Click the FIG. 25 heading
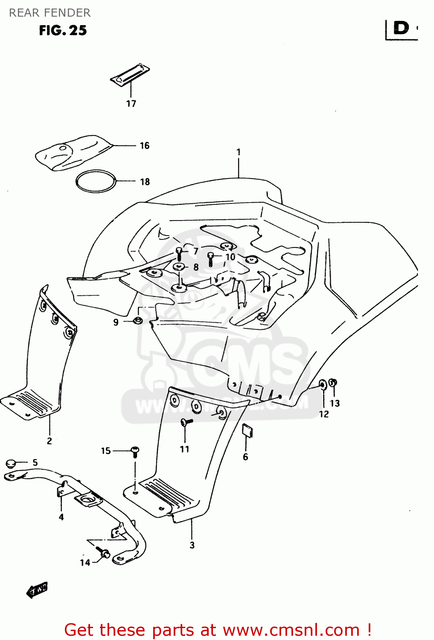pos(63,30)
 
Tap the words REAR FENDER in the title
pos(50,13)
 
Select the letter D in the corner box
pos(401,28)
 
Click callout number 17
pos(131,104)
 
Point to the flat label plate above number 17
pos(130,74)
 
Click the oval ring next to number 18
pos(96,181)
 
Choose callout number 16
pos(145,146)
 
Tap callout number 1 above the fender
pos(239,152)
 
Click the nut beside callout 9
pos(137,320)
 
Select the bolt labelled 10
pos(210,258)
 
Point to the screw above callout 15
pos(135,451)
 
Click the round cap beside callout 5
pos(11,463)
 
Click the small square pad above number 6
pos(247,430)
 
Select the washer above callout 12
pos(323,385)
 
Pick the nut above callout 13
pos(334,382)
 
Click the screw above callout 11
pos(186,422)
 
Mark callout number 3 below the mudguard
pos(192,545)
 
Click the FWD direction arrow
pos(37,590)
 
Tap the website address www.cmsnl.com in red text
pos(291,630)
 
